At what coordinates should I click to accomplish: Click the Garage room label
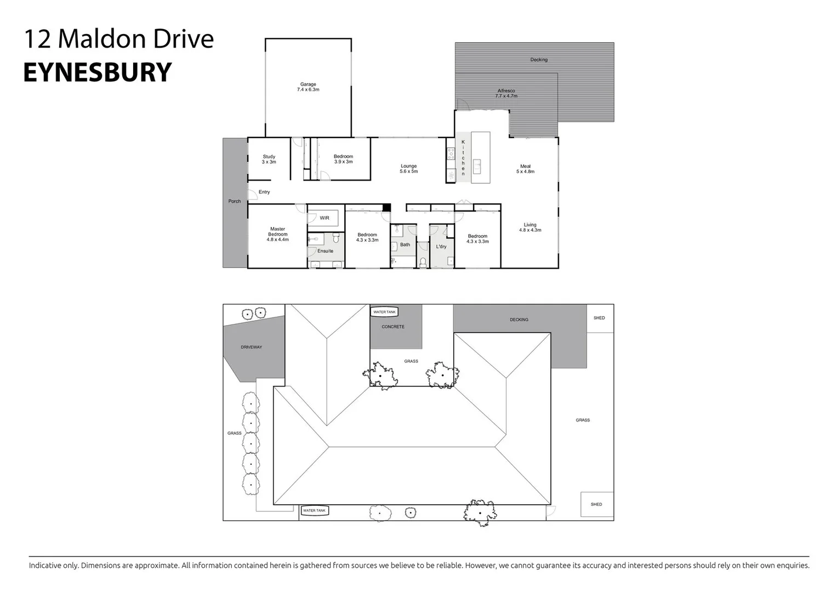pos(308,87)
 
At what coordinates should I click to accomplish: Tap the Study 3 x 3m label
pos(269,159)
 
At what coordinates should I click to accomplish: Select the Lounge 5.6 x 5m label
pos(409,169)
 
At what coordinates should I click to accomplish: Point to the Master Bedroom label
pos(278,235)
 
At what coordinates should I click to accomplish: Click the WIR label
pos(324,218)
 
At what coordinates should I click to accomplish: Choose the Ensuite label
pos(325,251)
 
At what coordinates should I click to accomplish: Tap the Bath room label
pos(405,245)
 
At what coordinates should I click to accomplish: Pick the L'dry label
pos(441,247)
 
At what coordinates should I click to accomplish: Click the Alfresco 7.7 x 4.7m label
pos(506,93)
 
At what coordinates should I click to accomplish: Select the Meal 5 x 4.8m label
pos(525,169)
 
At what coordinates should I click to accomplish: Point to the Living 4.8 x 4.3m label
pos(530,227)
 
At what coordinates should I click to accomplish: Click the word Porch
pos(235,201)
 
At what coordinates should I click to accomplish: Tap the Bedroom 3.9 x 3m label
pos(343,159)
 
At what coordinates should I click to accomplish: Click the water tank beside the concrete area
pos(384,312)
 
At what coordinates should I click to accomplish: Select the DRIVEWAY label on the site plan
pos(252,347)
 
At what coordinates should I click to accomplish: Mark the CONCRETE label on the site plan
pos(393,327)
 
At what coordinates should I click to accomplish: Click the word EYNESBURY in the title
pos(98,72)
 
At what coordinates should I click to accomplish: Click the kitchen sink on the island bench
pos(477,166)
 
